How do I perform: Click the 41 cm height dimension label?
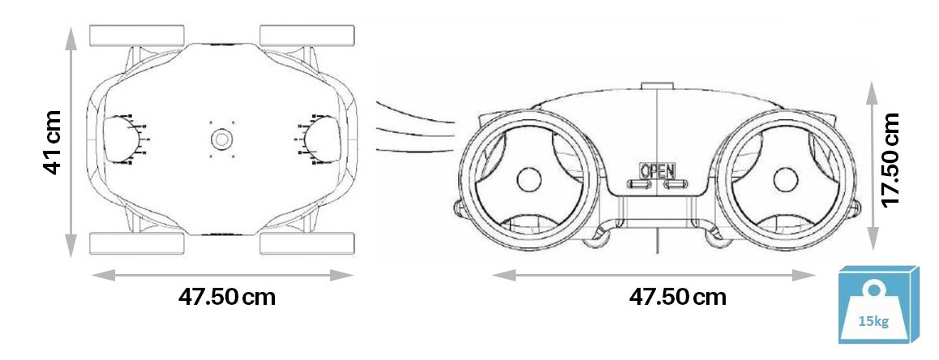click(x=53, y=142)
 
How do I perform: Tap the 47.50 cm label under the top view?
click(x=227, y=297)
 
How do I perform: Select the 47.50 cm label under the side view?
click(x=677, y=297)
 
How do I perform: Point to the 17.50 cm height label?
click(x=891, y=159)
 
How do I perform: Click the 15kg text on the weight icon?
click(x=873, y=321)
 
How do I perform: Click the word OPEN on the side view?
click(x=657, y=171)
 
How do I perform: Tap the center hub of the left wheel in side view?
click(x=529, y=180)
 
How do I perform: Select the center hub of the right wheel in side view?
click(x=785, y=180)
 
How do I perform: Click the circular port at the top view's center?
click(x=221, y=139)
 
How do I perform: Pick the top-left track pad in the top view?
click(x=136, y=36)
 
